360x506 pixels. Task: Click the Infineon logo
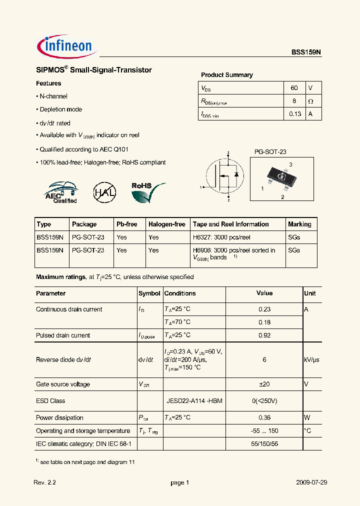click(x=66, y=46)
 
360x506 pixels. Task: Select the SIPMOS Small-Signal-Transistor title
click(x=93, y=70)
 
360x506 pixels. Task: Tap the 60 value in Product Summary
click(x=294, y=88)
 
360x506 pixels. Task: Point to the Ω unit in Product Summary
click(x=310, y=101)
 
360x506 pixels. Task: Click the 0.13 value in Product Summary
click(x=295, y=114)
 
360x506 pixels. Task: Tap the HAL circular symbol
click(x=104, y=192)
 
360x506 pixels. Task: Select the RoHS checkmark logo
click(x=147, y=192)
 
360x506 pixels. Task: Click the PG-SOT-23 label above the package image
click(x=270, y=151)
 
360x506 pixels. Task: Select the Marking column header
click(x=299, y=224)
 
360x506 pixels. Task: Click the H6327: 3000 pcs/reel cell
click(x=221, y=237)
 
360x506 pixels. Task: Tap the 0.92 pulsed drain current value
click(x=264, y=335)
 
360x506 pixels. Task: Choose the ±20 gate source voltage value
click(x=264, y=384)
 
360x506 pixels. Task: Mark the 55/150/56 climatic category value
click(x=264, y=443)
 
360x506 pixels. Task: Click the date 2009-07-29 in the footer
click(x=311, y=482)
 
